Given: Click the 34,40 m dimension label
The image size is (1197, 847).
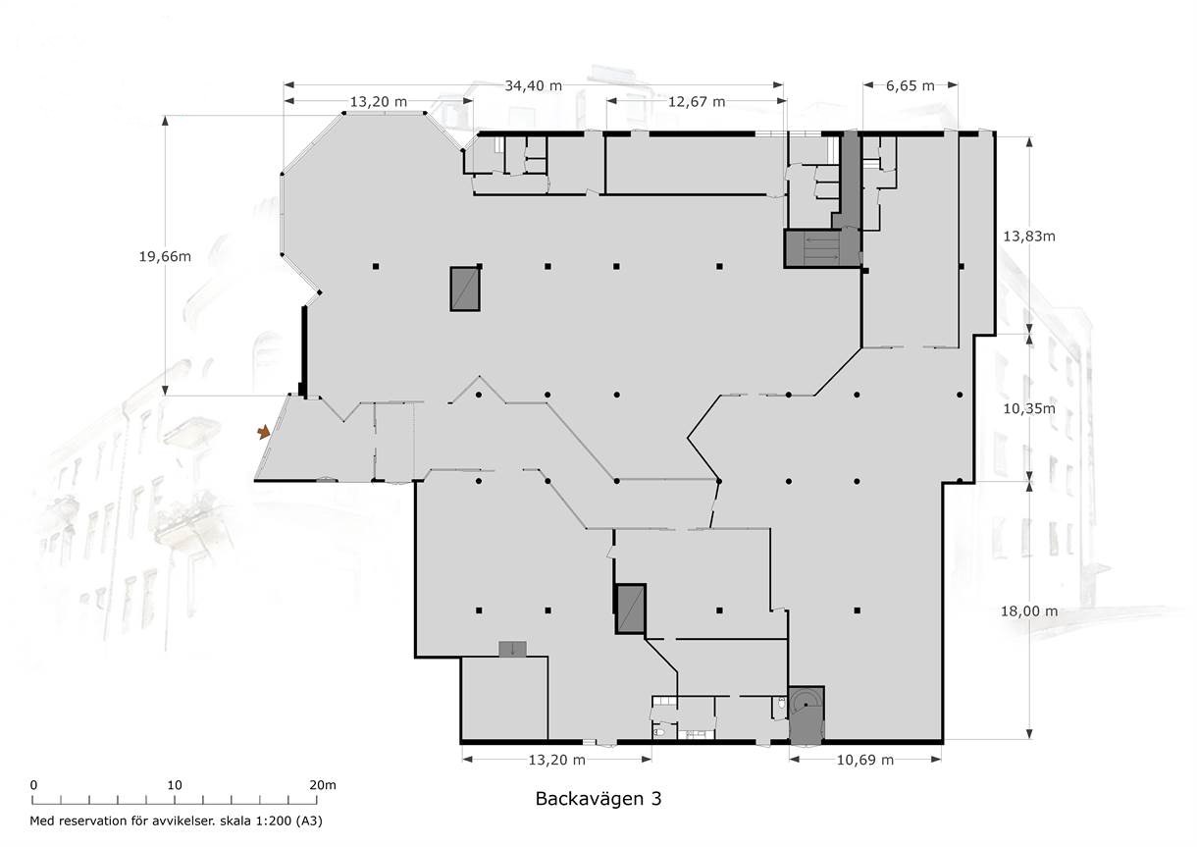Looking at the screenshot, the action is point(534,85).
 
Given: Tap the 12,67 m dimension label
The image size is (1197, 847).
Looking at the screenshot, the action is point(697,101).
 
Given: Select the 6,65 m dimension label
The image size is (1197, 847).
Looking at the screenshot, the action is point(911,85).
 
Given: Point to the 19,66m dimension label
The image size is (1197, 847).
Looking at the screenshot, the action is point(165,256).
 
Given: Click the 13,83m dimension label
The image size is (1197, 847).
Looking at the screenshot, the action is point(1029,237).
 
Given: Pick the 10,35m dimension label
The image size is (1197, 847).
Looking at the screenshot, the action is point(1029,409).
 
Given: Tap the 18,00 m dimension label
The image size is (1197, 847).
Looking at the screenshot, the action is point(1029,610).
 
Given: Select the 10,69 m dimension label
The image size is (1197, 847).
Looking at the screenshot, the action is point(865,760).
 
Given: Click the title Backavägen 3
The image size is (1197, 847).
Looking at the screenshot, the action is point(598,799).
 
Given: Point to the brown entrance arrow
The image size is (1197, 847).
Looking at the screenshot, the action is point(264,432).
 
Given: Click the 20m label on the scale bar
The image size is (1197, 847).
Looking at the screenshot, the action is point(323,785).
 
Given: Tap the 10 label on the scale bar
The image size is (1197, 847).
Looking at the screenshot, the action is point(175,785).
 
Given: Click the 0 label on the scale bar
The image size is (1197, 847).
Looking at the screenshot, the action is point(33,785).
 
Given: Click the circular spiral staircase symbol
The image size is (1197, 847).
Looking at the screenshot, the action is point(806,705).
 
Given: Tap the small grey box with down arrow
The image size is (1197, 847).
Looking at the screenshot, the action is point(512,649).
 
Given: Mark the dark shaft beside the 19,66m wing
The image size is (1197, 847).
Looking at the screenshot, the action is point(465,289).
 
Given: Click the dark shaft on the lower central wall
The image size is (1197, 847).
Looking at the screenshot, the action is point(631,609).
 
